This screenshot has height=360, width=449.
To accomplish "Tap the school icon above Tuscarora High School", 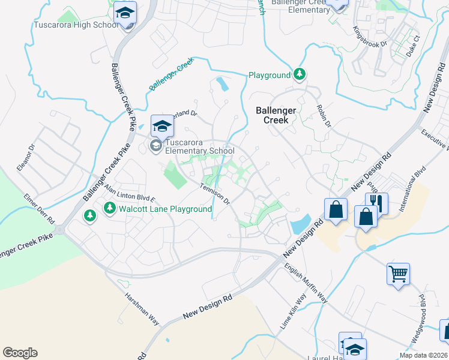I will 125,13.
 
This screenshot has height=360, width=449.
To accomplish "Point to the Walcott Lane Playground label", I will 165,209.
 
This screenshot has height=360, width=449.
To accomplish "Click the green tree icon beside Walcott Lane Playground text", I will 110,208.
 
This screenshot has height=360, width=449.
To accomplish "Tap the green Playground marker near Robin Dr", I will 300,75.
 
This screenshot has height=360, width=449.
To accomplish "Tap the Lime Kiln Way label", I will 294,310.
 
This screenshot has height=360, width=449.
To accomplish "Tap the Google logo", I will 20,353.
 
